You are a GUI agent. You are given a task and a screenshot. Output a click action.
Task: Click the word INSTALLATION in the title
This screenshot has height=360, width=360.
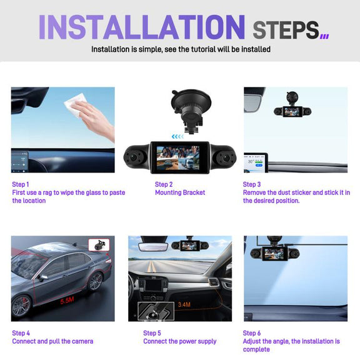[142, 27]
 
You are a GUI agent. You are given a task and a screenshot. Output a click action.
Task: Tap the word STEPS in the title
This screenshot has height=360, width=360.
[286, 30]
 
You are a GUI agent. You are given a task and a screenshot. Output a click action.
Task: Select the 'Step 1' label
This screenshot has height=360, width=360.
[21, 184]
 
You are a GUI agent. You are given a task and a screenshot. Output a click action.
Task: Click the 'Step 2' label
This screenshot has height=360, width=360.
[164, 184]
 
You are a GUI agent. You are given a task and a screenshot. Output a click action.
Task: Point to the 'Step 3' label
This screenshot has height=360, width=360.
[252, 184]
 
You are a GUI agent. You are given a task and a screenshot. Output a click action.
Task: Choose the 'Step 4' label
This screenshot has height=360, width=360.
[21, 333]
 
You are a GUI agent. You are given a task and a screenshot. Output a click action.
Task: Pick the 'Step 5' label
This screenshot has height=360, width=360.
[152, 333]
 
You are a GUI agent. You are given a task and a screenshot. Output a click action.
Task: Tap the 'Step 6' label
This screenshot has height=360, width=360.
[252, 333]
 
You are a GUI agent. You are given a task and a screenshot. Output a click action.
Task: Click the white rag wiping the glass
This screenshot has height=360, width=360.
[76, 104]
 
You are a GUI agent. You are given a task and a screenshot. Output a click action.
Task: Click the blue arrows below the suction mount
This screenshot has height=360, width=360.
[177, 137]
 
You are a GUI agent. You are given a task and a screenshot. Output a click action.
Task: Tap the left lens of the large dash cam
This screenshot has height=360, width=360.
[133, 157]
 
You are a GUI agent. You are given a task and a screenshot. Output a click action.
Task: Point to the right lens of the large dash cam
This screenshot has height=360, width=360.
[226, 158]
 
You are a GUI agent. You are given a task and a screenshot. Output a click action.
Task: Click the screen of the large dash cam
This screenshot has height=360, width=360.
[178, 158]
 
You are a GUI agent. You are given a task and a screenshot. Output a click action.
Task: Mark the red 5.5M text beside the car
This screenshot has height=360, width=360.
[67, 300]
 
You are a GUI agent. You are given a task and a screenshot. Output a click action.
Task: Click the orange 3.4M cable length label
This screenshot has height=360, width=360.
[184, 304]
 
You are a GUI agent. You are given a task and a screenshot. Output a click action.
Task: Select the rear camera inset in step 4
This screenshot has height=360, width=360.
[99, 245]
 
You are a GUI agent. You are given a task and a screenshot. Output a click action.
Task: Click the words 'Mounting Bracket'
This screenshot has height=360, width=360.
[180, 192]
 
